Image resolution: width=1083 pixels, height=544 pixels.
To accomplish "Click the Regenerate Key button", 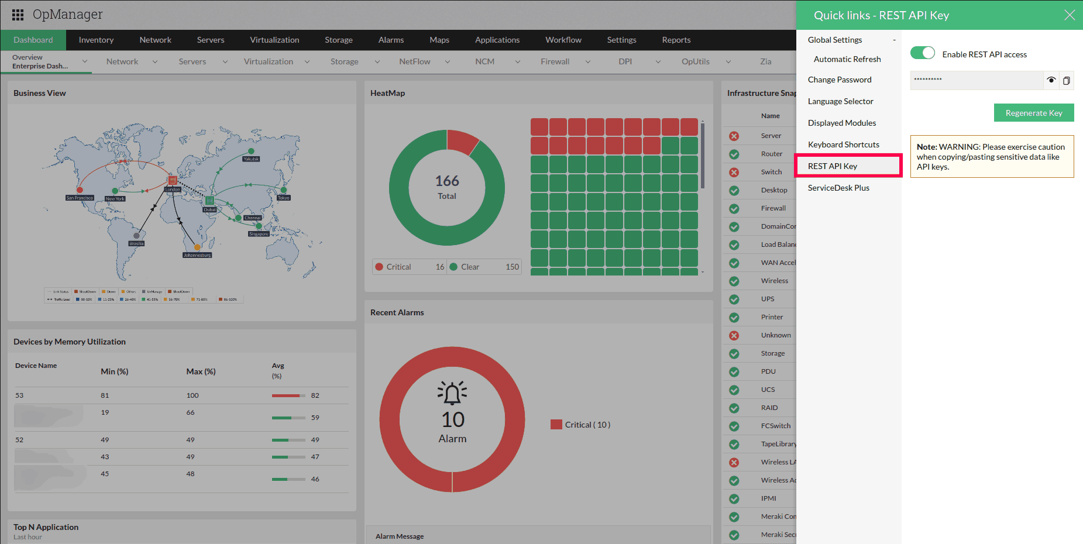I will tap(1033, 113).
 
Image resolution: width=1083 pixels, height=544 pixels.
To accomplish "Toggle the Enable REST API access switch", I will tap(922, 53).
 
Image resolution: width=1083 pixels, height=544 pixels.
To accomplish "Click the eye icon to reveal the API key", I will tap(1051, 80).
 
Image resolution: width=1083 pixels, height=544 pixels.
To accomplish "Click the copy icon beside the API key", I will tap(1066, 80).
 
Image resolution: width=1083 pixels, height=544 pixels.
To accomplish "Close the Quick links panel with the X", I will tap(1069, 15).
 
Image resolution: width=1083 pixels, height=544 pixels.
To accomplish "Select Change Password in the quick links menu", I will tap(840, 80).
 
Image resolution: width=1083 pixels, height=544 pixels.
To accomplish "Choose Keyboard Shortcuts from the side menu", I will tap(843, 144).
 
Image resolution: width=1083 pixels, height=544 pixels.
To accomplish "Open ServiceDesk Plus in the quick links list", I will tap(838, 188).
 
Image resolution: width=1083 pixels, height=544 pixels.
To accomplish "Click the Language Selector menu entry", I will tap(840, 101).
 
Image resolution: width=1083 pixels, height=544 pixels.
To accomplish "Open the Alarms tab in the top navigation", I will tap(391, 40).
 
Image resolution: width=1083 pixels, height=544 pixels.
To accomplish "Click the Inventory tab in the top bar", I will tap(96, 40).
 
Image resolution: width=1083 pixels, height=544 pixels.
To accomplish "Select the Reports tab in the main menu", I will tap(676, 40).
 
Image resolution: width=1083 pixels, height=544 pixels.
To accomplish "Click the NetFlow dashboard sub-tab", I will tap(414, 61).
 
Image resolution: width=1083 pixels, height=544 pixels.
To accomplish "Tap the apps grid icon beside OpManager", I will tap(18, 15).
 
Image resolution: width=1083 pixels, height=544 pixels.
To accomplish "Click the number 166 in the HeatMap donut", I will tap(447, 181).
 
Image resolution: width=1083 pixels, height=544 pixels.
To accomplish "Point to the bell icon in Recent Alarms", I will tap(452, 393).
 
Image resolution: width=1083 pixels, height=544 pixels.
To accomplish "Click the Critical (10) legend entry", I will tap(580, 425).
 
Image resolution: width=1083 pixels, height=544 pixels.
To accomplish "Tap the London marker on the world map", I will tap(172, 180).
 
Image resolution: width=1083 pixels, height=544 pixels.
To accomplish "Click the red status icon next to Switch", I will tap(734, 172).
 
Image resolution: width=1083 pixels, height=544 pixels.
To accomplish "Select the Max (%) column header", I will tap(201, 371).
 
